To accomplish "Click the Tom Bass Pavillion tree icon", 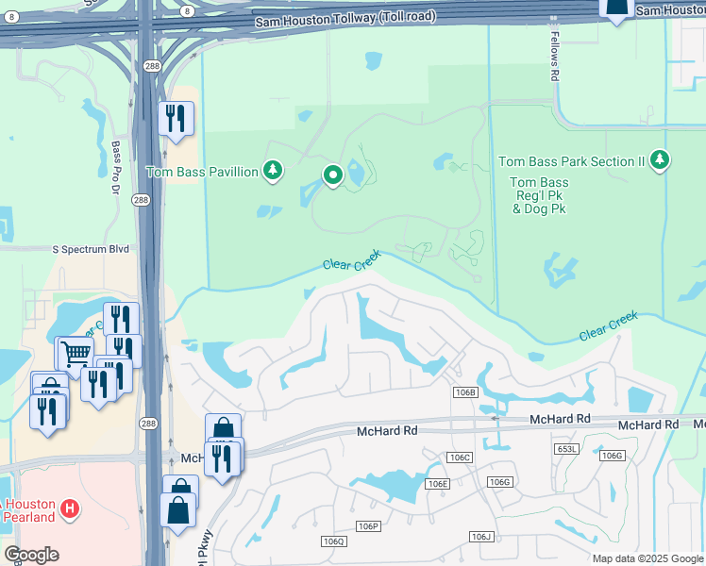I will [x=273, y=171].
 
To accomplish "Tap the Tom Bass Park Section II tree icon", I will [x=660, y=160].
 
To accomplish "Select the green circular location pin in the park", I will [x=332, y=175].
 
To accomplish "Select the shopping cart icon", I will [x=76, y=354].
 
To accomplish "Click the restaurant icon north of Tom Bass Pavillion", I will [x=176, y=118].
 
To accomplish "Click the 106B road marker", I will [x=464, y=391].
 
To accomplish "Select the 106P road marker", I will [x=368, y=525].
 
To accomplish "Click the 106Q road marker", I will [x=333, y=541].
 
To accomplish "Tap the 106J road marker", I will [x=481, y=536].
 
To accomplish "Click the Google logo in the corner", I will [x=31, y=555].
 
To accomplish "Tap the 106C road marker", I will [x=460, y=458].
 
